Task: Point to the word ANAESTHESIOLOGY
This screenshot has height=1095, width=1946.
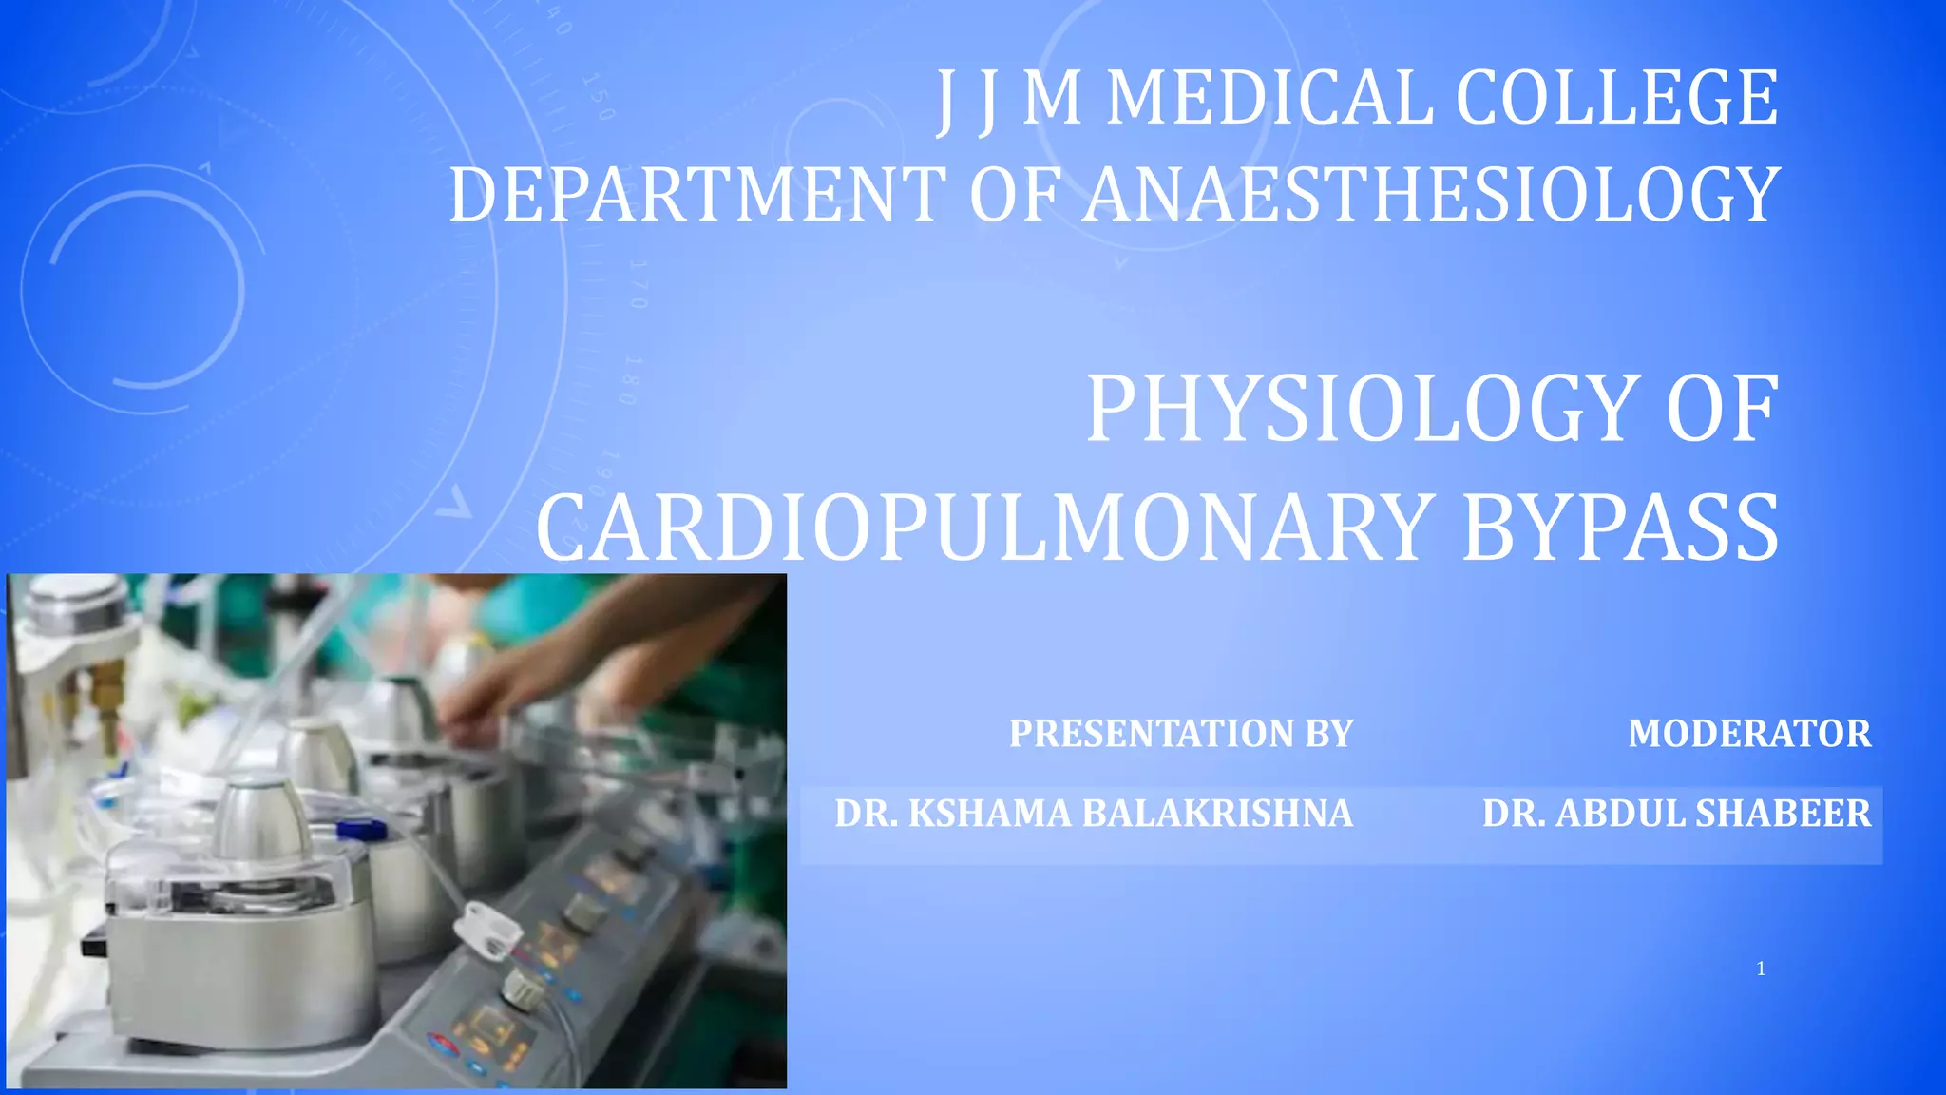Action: click(1431, 195)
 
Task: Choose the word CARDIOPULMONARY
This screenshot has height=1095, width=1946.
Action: click(983, 528)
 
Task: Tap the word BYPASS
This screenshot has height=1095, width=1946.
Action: click(1619, 528)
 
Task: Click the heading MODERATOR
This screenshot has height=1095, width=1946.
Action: click(1749, 734)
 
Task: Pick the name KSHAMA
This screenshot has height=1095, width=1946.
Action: click(988, 814)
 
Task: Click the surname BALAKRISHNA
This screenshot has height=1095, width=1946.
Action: click(1217, 814)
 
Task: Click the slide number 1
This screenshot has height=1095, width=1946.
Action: click(1761, 970)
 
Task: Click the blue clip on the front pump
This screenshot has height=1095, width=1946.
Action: click(362, 830)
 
